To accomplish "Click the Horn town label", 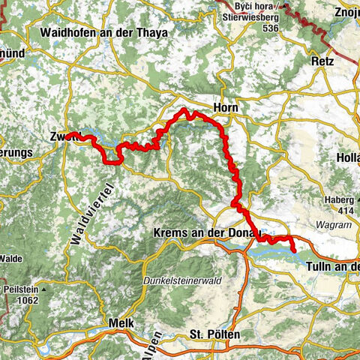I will (226, 108).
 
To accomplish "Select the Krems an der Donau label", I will (205, 234).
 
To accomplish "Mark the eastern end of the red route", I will (293, 250).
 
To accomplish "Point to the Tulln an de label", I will (334, 266).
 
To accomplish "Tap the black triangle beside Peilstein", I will (45, 289).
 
